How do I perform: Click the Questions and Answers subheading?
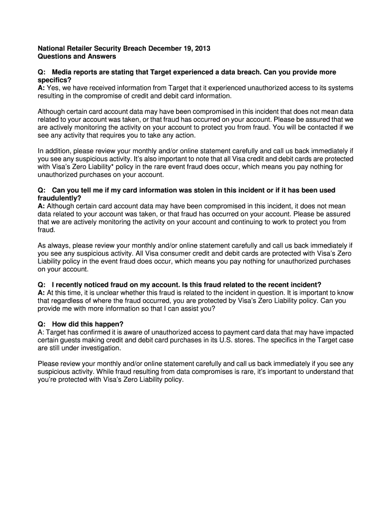[x=77, y=57]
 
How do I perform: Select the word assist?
[x=191, y=309]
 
